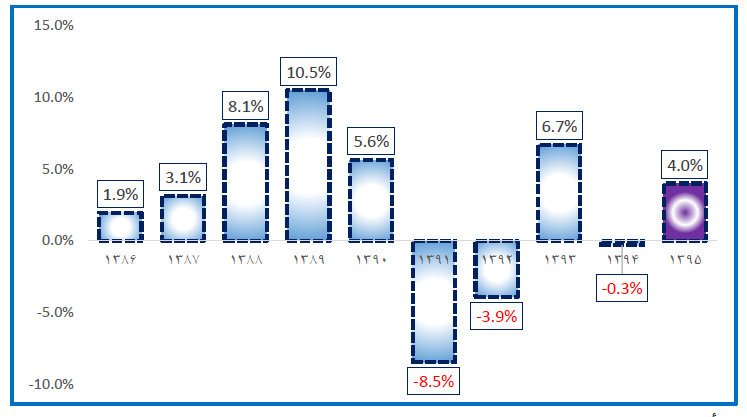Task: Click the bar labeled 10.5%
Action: pos(308,165)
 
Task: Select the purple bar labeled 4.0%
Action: pos(685,212)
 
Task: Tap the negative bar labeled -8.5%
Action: pos(433,301)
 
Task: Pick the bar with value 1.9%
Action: pos(120,227)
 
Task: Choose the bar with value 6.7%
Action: pos(558,192)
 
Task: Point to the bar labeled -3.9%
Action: pos(496,268)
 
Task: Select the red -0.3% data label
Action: pos(622,289)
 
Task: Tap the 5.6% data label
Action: pos(371,141)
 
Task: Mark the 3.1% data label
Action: pos(183,178)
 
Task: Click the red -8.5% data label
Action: pos(433,381)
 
